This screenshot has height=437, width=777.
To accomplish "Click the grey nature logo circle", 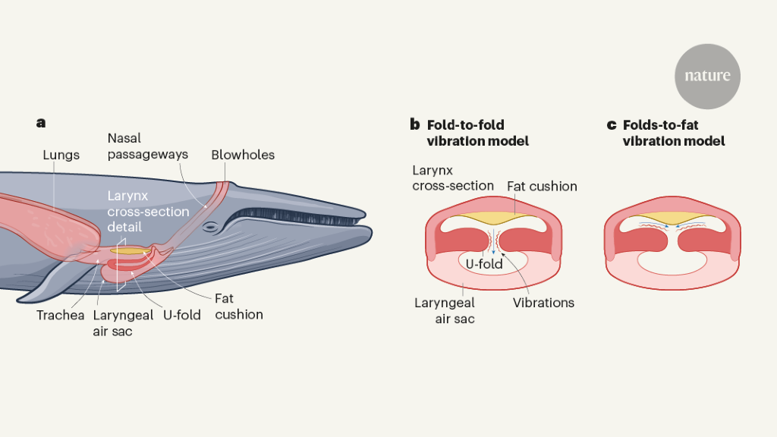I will coord(707,76).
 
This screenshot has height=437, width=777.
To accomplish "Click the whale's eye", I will coord(212,227).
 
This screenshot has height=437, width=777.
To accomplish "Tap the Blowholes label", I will coord(243,155).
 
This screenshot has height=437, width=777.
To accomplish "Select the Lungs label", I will coord(61,155).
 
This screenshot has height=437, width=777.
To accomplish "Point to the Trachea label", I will coord(60,314).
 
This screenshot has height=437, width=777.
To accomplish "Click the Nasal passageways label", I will coord(147,146).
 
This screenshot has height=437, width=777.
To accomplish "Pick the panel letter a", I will coord(40,121).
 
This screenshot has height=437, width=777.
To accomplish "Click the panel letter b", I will coord(414,124).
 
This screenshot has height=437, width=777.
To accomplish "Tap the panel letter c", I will coord(611,124).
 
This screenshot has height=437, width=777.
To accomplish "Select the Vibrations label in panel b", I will coord(543,303).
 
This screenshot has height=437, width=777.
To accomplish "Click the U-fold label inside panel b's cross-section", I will coord(484,264).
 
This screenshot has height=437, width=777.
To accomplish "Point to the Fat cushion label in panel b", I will coord(542,186).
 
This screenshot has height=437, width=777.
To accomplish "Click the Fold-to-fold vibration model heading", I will coord(478,133).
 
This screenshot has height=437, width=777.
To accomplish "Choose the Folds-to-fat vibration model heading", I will coord(674,133).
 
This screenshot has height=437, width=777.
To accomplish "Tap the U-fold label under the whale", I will coord(182,314).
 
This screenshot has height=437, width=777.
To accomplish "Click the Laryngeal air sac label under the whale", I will coord(122,322).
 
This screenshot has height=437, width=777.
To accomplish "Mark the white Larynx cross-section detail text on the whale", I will coord(148,211).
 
